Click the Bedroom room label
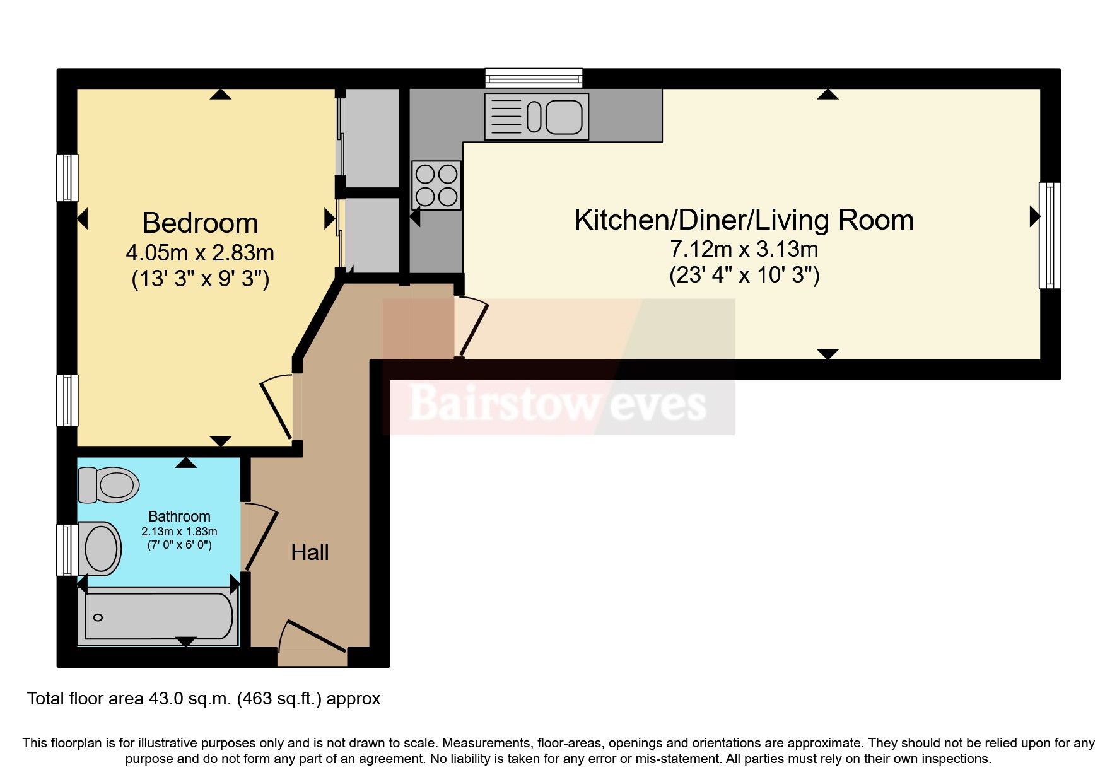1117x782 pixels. [x=200, y=223]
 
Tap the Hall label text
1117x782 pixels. [x=310, y=552]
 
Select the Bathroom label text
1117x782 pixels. [x=179, y=516]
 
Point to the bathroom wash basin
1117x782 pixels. [x=101, y=548]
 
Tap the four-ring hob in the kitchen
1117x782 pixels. [x=436, y=185]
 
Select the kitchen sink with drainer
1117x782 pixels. [x=537, y=117]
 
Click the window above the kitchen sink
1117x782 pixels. [x=534, y=78]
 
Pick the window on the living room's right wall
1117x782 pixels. [x=1050, y=235]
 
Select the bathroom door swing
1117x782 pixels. [x=260, y=536]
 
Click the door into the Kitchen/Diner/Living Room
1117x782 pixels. [x=472, y=328]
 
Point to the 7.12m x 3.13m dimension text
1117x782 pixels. [x=744, y=250]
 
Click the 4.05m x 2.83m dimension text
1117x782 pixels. [x=200, y=254]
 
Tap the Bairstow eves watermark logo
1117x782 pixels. [x=558, y=404]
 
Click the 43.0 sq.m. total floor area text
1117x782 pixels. [x=203, y=699]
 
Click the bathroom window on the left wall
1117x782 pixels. [x=67, y=549]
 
